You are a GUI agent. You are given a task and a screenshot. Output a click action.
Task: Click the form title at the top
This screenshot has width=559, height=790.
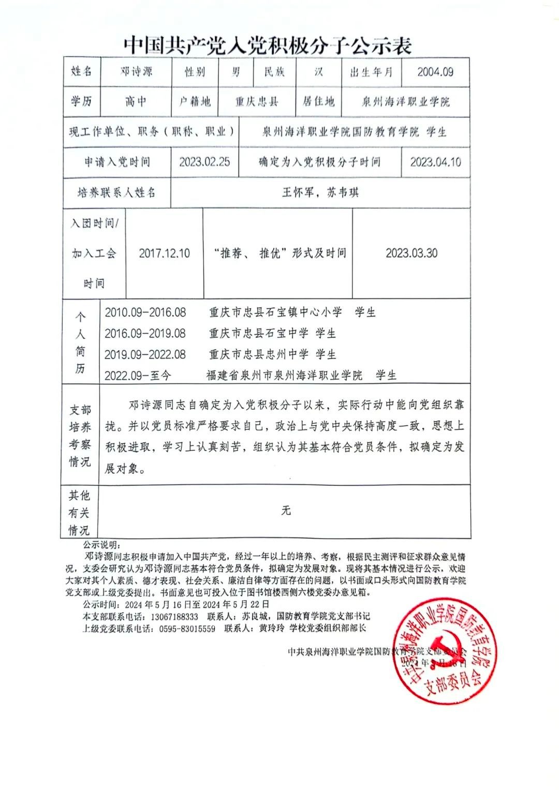[267, 46]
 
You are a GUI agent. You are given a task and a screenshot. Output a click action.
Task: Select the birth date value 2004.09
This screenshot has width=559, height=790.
[435, 72]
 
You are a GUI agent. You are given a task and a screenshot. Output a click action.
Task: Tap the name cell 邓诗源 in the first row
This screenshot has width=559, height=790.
[136, 72]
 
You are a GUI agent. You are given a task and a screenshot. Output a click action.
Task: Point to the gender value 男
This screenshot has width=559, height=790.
[236, 72]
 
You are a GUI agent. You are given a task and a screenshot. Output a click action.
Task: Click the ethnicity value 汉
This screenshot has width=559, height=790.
[318, 72]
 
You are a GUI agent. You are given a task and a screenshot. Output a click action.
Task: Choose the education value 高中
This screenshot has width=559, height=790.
[136, 101]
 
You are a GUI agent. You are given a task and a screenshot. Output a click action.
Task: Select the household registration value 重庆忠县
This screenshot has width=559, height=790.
[257, 101]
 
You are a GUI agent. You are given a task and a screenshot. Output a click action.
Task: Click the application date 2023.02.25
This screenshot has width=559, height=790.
[204, 162]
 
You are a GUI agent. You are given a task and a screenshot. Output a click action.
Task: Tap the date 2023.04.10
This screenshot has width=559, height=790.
[435, 162]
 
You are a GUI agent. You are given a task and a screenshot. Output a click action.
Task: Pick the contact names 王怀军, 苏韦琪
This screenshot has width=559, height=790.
[320, 192]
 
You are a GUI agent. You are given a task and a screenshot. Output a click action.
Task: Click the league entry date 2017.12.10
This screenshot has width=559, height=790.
[164, 254]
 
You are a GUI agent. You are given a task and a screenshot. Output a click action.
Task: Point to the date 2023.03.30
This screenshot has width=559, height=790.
[411, 253]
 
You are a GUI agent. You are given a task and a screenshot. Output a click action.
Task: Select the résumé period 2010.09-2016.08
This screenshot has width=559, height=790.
[145, 312]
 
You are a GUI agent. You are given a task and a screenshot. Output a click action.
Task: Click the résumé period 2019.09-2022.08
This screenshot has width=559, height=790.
[145, 354]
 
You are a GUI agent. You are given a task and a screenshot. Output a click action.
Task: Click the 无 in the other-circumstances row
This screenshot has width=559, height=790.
[286, 511]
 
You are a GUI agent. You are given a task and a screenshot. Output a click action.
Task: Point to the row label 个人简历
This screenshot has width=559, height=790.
[80, 342]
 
